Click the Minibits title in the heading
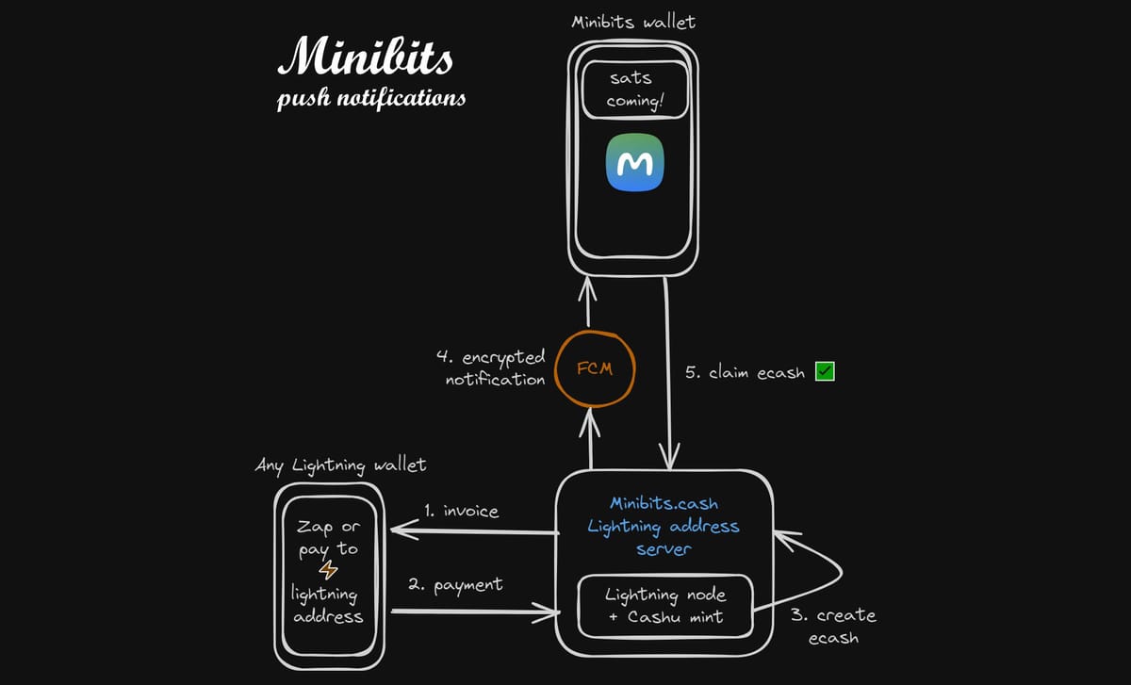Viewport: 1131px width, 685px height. tap(366, 58)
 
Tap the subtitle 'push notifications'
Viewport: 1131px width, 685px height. tap(371, 98)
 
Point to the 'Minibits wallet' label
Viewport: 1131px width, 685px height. tap(632, 22)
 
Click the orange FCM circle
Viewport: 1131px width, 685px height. tap(594, 368)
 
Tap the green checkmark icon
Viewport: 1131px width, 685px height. tap(825, 372)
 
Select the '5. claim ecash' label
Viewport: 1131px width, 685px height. tap(745, 373)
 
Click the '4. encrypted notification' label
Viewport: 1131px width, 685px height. tap(495, 368)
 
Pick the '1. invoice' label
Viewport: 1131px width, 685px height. tap(461, 512)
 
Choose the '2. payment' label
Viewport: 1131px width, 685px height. tap(454, 585)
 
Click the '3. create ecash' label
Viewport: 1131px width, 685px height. tap(833, 626)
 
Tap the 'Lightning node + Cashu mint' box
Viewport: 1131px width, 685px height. tap(665, 606)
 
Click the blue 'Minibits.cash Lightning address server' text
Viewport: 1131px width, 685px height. tap(664, 527)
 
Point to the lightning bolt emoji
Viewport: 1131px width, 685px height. tap(328, 571)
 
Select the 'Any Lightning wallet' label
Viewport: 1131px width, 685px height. tap(340, 465)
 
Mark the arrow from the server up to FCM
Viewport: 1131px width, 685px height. tap(591, 439)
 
